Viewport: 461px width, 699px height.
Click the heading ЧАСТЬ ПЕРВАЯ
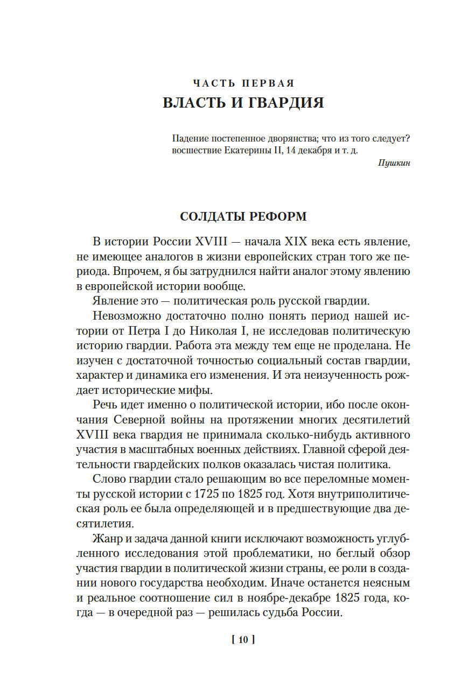pos(243,83)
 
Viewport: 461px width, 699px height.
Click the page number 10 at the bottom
pos(242,640)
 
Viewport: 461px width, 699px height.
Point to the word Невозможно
pos(123,315)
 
